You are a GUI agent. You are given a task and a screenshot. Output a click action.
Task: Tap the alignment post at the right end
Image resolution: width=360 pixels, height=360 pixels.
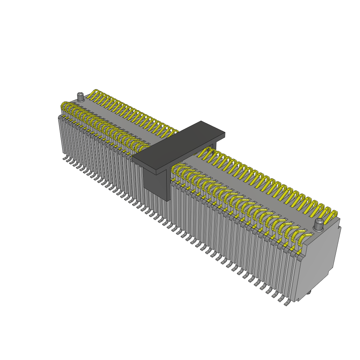pyautogui.click(x=319, y=224)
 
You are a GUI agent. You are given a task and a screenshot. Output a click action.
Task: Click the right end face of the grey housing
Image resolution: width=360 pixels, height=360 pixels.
pyautogui.click(x=316, y=260)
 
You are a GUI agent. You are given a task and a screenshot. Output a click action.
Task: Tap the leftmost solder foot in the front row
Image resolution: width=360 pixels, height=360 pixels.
pyautogui.click(x=65, y=159)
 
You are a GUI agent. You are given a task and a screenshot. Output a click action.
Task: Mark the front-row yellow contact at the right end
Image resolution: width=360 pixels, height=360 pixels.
pyautogui.click(x=302, y=239)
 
